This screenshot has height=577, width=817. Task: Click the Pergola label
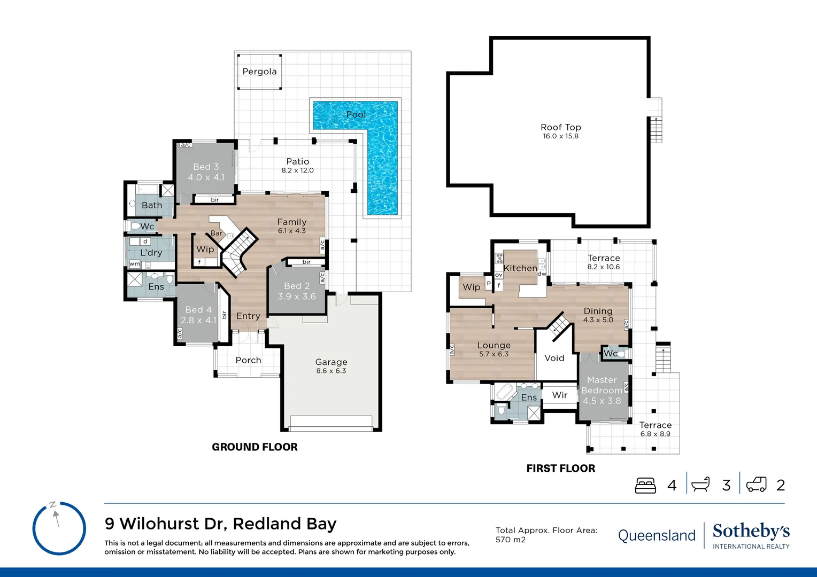(x=259, y=72)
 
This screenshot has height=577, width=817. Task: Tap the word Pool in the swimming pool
(x=356, y=114)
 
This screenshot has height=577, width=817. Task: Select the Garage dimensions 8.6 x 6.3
(x=331, y=371)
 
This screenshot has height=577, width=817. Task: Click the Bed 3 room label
(x=206, y=167)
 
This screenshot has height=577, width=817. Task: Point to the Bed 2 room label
(x=297, y=286)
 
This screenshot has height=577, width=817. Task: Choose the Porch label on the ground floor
(x=248, y=360)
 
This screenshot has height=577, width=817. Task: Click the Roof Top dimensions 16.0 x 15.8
(x=560, y=136)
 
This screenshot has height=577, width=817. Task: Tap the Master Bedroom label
(x=602, y=385)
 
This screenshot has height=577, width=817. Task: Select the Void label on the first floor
(x=554, y=358)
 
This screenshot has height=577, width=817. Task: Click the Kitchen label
(x=520, y=268)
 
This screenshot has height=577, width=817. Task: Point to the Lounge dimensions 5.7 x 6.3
(x=494, y=354)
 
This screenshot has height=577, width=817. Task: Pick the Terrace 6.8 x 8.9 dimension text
(x=655, y=434)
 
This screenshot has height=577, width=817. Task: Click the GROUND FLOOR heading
(x=255, y=447)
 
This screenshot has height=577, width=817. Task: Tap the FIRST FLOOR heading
(x=560, y=469)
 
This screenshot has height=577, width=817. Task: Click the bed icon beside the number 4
(x=645, y=485)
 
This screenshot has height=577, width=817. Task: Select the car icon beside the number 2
(x=756, y=485)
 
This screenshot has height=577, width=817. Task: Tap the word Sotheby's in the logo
(x=751, y=531)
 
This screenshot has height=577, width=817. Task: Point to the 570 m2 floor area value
(x=510, y=540)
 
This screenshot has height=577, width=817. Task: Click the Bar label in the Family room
(x=216, y=233)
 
